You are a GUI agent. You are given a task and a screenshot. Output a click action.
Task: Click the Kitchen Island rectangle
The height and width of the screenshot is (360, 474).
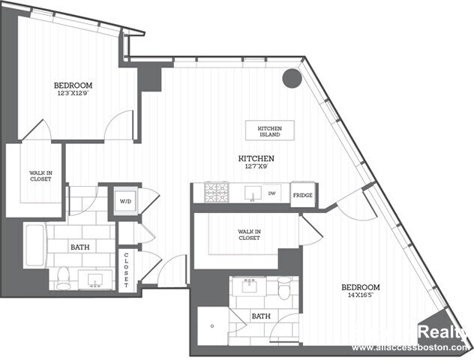(270, 130)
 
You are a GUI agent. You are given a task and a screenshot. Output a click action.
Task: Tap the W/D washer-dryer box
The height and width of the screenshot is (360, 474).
(125, 200)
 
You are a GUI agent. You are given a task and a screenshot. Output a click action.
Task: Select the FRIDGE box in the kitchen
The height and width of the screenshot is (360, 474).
(302, 195)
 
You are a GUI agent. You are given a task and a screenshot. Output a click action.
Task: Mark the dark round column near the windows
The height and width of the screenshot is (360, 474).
(291, 78)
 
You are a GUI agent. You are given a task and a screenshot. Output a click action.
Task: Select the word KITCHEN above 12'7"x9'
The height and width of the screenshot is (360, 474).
(256, 158)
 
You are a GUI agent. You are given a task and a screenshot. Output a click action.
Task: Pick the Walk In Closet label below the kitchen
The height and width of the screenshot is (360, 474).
(249, 234)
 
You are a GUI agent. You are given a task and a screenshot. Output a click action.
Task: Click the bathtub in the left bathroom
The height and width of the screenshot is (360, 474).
(34, 245)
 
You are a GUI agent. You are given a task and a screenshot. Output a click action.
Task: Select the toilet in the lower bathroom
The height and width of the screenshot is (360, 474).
(284, 288)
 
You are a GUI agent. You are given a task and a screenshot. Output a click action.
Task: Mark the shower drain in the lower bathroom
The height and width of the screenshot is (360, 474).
(212, 326)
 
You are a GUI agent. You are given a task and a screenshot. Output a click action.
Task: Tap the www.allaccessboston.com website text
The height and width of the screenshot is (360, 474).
(411, 348)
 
